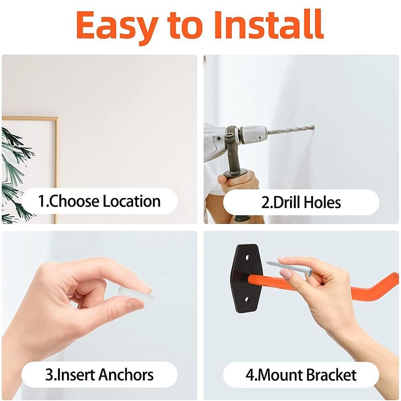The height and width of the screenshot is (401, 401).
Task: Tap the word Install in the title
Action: tap(269, 24)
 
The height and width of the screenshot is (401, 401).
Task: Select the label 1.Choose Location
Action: tap(99, 201)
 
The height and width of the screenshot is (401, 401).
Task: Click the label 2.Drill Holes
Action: tap(301, 202)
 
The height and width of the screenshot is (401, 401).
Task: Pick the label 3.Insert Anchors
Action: tap(99, 375)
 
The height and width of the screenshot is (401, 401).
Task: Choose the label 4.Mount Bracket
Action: tap(301, 375)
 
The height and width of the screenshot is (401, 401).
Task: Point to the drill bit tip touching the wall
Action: tap(313, 127)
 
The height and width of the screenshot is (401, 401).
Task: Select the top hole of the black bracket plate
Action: tap(247, 257)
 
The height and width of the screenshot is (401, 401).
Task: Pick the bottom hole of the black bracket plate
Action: tap(247, 299)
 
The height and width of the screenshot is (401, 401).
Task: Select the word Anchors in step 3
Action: tap(126, 375)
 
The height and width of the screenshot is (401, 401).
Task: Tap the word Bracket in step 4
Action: tap(331, 375)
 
